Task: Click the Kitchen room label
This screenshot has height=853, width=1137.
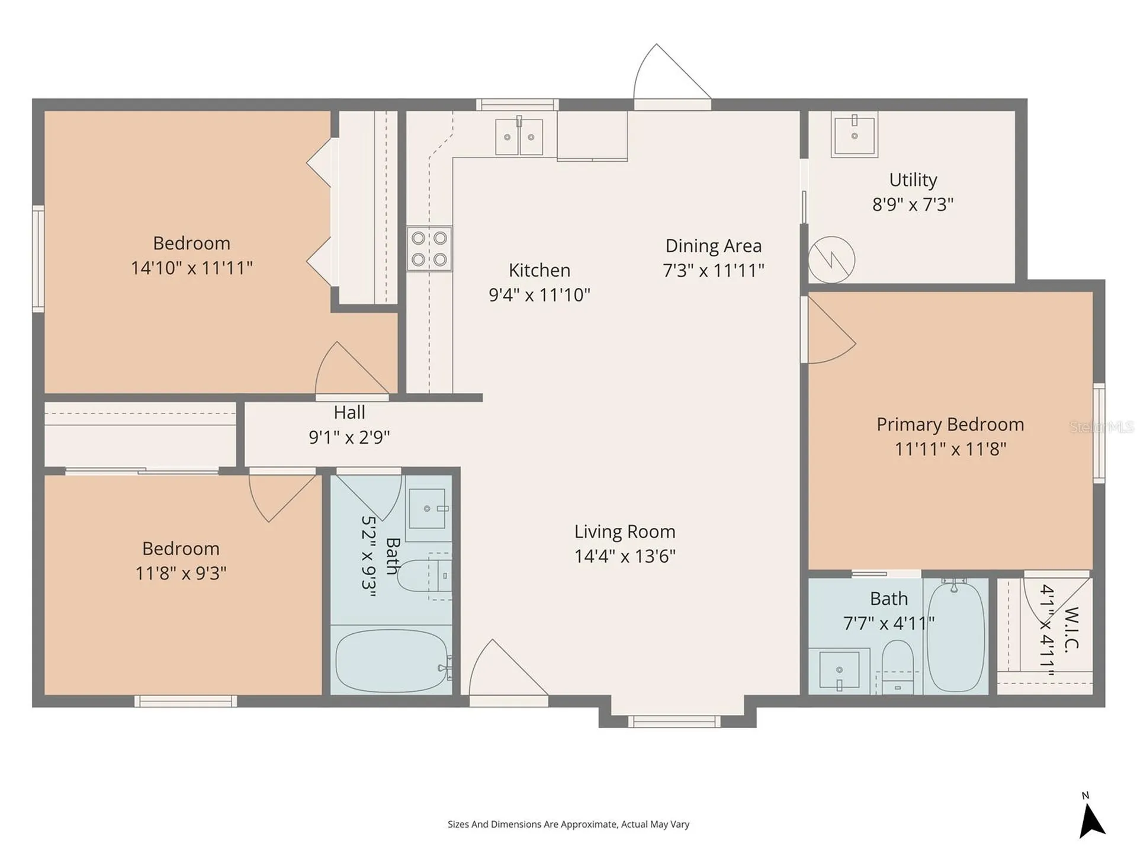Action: pyautogui.click(x=539, y=270)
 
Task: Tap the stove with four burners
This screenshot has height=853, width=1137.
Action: pyautogui.click(x=429, y=249)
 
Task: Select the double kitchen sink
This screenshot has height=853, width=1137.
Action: pyautogui.click(x=519, y=136)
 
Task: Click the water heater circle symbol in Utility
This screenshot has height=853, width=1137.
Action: pyautogui.click(x=832, y=259)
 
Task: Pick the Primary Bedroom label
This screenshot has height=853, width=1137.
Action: pyautogui.click(x=950, y=424)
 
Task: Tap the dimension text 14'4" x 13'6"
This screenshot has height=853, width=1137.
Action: pyautogui.click(x=625, y=556)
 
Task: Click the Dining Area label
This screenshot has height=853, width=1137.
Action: pyautogui.click(x=714, y=246)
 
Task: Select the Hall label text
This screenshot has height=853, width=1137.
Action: pyautogui.click(x=349, y=412)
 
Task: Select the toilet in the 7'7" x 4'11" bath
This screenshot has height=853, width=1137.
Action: pyautogui.click(x=898, y=667)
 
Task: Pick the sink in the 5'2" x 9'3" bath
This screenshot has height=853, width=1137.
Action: pyautogui.click(x=428, y=508)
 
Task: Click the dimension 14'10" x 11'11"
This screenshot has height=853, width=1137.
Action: pyautogui.click(x=191, y=268)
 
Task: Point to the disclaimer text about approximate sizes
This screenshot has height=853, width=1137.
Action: pyautogui.click(x=568, y=824)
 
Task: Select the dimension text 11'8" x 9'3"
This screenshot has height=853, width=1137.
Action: pyautogui.click(x=181, y=573)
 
